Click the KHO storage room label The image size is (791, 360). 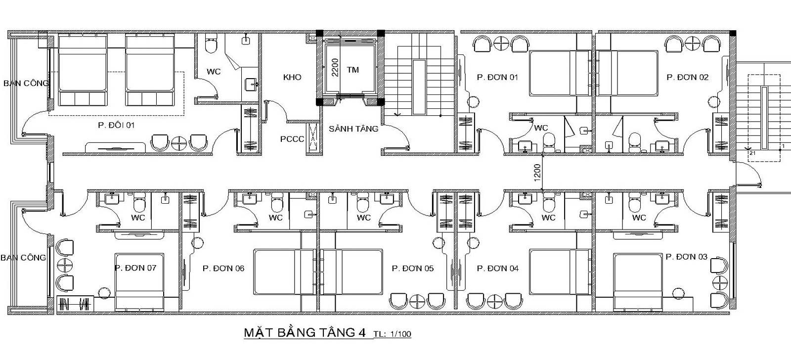tap(292, 77)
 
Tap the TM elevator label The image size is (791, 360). tap(353, 70)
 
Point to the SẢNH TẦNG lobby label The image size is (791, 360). tap(353, 129)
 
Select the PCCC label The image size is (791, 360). tap(292, 139)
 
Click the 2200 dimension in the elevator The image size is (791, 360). tap(335, 67)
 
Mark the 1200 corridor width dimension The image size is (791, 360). tap(537, 173)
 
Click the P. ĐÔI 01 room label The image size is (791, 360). tap(116, 125)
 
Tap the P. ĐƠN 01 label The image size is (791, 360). tap(497, 77)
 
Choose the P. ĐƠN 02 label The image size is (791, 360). tap(688, 77)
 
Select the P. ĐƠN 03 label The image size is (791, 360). tap(687, 257)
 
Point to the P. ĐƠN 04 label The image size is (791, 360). tap(497, 269)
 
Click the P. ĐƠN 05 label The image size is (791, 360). tap(412, 269)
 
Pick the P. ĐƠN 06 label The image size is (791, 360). tap(223, 269)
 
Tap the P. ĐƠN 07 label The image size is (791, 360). tap(135, 268)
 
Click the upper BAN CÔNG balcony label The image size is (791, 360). tap(26, 84)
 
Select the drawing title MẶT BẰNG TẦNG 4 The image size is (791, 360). tap(305, 332)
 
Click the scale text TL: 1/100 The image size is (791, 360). tap(393, 334)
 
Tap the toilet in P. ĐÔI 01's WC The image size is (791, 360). tap(211, 43)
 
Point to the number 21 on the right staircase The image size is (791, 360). tap(752, 153)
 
